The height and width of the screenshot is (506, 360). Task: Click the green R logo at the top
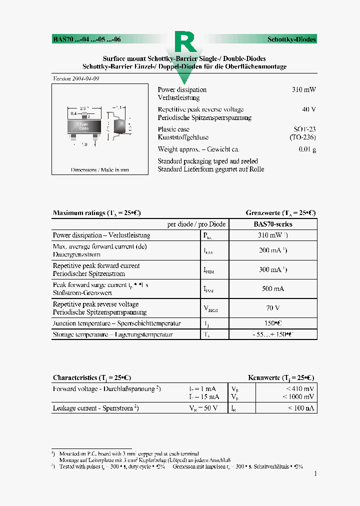pos(184,43)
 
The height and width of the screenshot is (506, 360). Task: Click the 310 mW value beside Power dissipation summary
pos(304,90)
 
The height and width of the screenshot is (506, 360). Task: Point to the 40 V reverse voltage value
pos(309,109)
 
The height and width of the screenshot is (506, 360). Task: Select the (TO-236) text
pos(302,137)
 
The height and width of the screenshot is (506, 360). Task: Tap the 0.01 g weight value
pos(307,149)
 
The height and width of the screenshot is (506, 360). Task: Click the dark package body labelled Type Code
pos(83,125)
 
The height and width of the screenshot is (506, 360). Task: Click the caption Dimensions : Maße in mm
pos(100,169)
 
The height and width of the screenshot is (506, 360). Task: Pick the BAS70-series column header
pos(273,224)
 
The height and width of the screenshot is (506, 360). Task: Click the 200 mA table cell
pos(272,250)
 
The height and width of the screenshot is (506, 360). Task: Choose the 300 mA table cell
pos(272,269)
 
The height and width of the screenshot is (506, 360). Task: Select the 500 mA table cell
pos(272,288)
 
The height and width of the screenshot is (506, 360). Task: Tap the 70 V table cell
pos(272,308)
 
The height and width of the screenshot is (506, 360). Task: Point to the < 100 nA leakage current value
pos(301,408)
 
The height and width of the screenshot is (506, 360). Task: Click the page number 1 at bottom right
pos(314,473)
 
